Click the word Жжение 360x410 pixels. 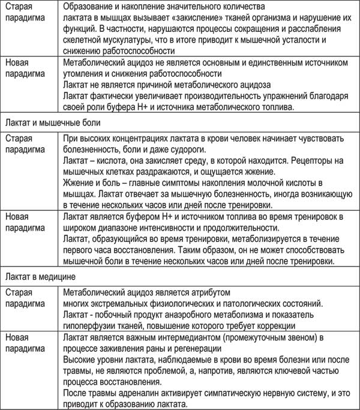coord(79,184)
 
